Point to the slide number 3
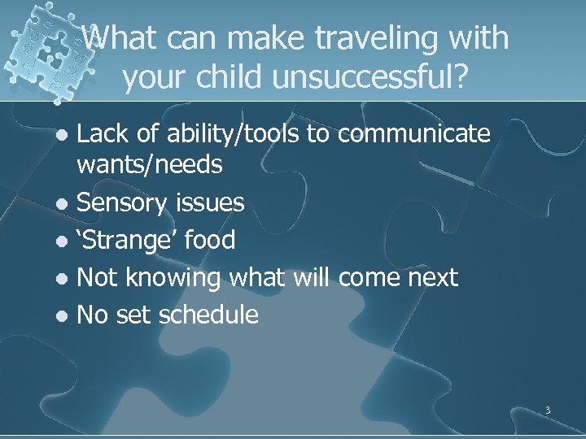tap(548, 411)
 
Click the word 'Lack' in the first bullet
tap(102, 134)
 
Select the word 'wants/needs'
tap(149, 165)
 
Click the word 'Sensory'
tap(121, 202)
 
